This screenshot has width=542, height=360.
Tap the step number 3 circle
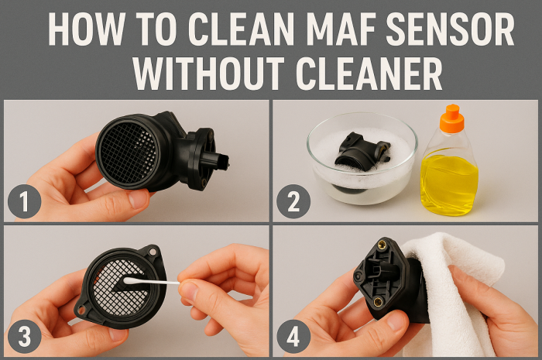click(24, 338)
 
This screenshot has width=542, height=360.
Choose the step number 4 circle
click(293, 338)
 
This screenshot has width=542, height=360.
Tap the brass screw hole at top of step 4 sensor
click(381, 245)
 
